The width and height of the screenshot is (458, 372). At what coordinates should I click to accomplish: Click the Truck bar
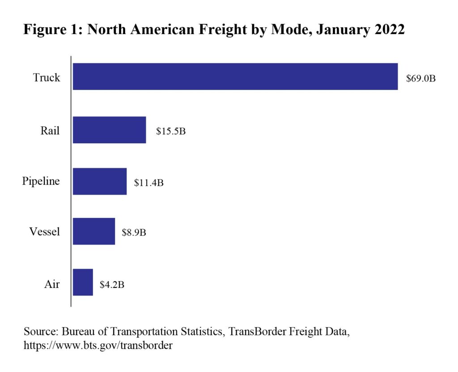point(235,77)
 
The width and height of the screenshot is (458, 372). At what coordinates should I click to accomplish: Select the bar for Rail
point(109,130)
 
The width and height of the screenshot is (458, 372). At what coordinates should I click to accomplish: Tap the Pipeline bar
point(100,181)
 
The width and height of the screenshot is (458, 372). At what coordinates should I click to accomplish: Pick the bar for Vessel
point(94,231)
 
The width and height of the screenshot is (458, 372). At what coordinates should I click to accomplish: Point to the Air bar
point(83,282)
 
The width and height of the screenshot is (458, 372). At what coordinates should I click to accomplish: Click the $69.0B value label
point(420,78)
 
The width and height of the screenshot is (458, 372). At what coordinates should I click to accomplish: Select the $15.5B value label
point(170,131)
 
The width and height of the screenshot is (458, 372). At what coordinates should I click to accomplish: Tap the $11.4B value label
point(148,183)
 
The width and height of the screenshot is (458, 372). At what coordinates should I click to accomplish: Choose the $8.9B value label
point(134,232)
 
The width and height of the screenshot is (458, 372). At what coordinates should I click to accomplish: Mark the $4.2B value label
point(112,285)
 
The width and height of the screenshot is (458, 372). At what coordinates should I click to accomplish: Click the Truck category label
point(47,77)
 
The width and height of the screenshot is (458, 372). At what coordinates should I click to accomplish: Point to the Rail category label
point(50,130)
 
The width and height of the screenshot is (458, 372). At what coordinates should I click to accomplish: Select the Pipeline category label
point(41,181)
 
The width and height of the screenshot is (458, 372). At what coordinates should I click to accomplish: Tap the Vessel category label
point(44,231)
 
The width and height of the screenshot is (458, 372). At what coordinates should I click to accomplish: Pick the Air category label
point(52,284)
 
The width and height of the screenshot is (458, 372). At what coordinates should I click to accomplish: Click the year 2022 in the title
point(390,29)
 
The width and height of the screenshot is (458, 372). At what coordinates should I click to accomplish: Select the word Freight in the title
point(223,30)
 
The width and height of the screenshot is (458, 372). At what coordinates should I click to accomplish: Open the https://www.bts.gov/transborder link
point(98,346)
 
